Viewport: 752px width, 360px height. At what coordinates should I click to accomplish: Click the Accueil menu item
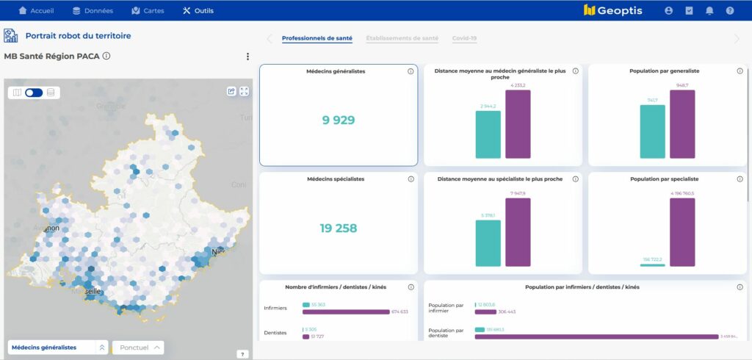click(x=36, y=11)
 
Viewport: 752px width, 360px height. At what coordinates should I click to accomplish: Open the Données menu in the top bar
click(x=93, y=11)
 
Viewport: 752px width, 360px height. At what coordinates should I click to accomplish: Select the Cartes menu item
click(x=148, y=11)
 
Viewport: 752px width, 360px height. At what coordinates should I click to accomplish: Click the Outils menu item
click(x=198, y=11)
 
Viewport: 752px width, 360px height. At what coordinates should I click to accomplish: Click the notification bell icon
click(x=709, y=11)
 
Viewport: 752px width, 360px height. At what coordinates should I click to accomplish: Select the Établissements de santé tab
click(x=402, y=38)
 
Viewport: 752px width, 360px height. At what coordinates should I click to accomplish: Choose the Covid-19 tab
click(x=464, y=38)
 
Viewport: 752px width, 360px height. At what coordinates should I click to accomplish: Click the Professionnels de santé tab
click(x=317, y=38)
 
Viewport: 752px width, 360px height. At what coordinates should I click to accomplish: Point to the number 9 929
click(x=338, y=120)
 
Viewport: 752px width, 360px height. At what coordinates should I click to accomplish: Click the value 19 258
click(x=338, y=228)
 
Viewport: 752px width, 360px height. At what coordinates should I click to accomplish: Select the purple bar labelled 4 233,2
click(x=518, y=124)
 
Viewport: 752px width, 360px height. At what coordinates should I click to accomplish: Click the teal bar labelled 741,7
click(x=652, y=132)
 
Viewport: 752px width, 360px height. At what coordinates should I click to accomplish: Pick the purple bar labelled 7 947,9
click(x=518, y=232)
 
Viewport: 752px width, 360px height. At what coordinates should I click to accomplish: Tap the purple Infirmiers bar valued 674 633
click(x=346, y=312)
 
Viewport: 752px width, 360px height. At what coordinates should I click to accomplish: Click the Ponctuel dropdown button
click(x=138, y=348)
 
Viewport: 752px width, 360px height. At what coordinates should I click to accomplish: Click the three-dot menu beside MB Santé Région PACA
click(x=247, y=57)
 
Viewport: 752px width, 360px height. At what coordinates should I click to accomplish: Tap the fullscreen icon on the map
click(x=245, y=91)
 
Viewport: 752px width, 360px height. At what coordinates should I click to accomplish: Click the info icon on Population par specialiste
click(x=740, y=179)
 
